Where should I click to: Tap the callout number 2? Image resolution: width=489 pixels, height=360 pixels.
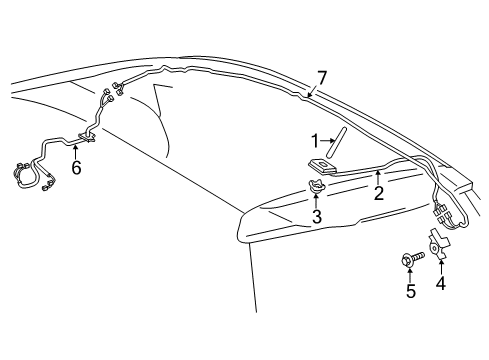click(378, 194)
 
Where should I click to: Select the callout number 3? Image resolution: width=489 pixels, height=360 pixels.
click(316, 216)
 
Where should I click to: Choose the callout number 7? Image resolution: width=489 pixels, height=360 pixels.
click(322, 76)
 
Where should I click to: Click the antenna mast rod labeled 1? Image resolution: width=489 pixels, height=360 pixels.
click(339, 142)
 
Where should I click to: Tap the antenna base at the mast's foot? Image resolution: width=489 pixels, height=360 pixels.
click(323, 164)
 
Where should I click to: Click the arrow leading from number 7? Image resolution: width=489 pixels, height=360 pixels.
click(314, 89)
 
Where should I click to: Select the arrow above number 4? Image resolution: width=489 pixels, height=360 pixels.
click(441, 264)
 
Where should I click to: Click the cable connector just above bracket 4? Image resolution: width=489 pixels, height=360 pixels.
click(441, 214)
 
